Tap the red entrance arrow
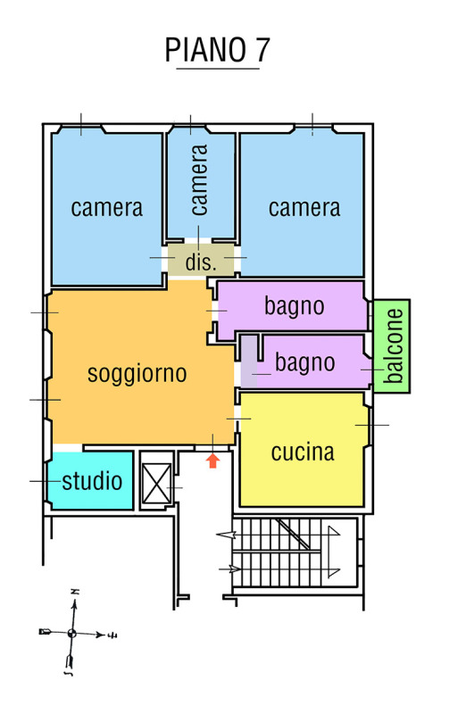coord(212,461)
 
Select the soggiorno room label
coord(137,374)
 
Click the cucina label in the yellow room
coord(303,452)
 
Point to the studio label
coord(92,481)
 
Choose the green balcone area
coord(392,346)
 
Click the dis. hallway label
coord(200,262)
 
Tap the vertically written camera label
coord(199,180)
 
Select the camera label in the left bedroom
coord(107,208)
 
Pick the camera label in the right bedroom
coord(304,208)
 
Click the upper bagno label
coord(295,306)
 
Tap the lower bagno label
coord(305,363)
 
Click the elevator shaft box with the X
coord(156,483)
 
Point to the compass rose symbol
coord(72,633)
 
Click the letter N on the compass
coord(75,592)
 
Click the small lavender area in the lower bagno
coord(249,362)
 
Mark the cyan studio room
coord(91,480)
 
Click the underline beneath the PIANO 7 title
coord(218,69)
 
